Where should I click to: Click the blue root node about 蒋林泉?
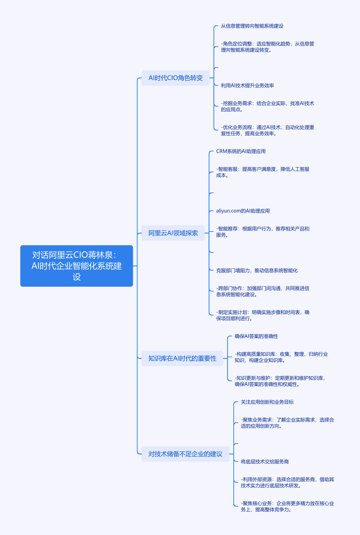[x=77, y=266]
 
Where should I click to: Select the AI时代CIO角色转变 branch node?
[x=176, y=78]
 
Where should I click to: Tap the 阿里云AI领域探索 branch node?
[x=173, y=233]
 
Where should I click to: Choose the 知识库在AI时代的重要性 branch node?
[x=182, y=358]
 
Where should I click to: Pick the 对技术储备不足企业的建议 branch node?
[x=185, y=454]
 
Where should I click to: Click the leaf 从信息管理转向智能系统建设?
[x=252, y=26]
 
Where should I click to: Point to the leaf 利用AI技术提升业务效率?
[x=247, y=86]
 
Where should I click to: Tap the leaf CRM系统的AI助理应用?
[x=241, y=151]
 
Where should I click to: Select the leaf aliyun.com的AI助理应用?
[x=243, y=211]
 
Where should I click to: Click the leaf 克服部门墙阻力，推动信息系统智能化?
[x=257, y=271]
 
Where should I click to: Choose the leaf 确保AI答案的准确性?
[x=256, y=336]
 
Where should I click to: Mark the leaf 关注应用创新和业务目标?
[x=267, y=402]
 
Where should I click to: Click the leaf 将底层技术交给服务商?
[x=265, y=462]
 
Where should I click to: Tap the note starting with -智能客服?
[x=263, y=172]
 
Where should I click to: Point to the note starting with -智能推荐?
[x=263, y=232]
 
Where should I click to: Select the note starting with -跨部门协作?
[x=263, y=291]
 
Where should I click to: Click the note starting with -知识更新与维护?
[x=280, y=381]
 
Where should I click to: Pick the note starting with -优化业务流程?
[x=268, y=130]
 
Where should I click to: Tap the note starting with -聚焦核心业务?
[x=287, y=506]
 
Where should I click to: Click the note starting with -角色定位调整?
[x=268, y=47]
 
